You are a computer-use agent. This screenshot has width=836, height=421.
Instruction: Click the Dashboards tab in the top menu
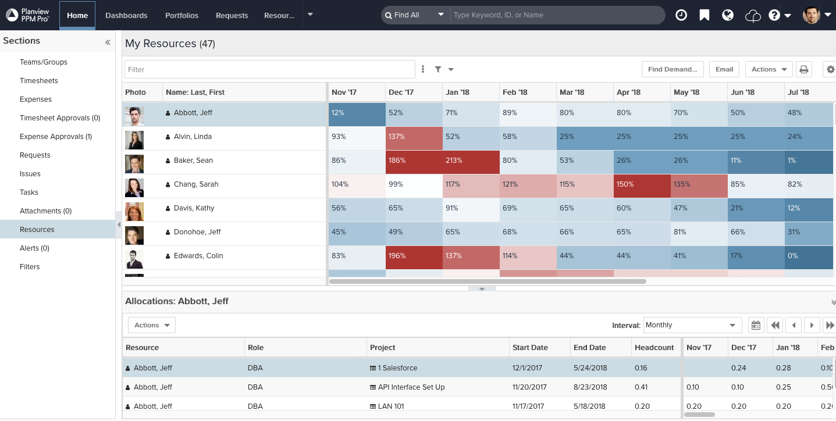126,15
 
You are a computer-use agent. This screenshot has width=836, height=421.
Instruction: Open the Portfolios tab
182,15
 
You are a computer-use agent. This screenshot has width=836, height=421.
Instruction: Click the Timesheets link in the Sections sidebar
39,81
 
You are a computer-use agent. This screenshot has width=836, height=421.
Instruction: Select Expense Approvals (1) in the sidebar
56,137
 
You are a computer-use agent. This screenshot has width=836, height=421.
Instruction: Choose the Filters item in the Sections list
30,267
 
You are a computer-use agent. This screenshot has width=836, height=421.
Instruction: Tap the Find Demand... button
673,69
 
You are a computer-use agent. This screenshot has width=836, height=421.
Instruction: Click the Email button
724,69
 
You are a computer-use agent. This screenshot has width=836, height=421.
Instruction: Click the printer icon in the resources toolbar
804,69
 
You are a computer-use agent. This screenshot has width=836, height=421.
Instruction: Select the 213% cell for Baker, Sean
471,160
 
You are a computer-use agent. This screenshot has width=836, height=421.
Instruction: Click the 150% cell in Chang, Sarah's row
642,184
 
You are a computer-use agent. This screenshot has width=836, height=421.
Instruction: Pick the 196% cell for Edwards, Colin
414,256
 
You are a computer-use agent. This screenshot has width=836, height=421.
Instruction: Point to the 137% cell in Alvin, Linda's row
414,137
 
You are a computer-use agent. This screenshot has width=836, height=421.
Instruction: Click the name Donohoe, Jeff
197,232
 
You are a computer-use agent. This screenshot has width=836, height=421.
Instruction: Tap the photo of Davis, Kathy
134,208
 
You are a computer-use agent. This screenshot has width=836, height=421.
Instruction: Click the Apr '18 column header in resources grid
628,92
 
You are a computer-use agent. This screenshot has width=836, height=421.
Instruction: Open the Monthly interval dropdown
692,325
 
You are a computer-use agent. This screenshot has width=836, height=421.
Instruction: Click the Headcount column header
654,348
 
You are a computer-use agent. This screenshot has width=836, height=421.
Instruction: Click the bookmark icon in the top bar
705,15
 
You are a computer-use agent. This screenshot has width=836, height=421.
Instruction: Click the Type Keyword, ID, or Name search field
557,15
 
